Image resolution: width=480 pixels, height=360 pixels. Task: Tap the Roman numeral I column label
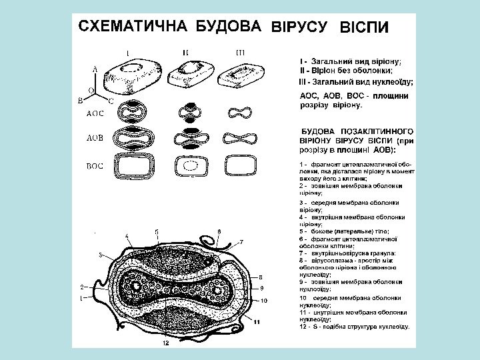(128, 51)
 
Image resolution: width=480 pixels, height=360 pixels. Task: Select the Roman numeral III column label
(241, 51)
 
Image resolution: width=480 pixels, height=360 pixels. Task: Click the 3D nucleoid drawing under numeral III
(242, 71)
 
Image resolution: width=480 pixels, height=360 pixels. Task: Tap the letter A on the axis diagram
(95, 68)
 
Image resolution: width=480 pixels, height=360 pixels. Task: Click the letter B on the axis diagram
(80, 100)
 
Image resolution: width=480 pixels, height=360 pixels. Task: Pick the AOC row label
(97, 113)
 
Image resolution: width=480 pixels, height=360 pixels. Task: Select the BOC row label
(97, 164)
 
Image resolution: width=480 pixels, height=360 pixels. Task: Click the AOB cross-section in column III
(242, 139)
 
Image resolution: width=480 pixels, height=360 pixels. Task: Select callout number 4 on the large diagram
(127, 236)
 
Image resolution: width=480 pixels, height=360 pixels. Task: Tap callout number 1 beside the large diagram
(81, 298)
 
